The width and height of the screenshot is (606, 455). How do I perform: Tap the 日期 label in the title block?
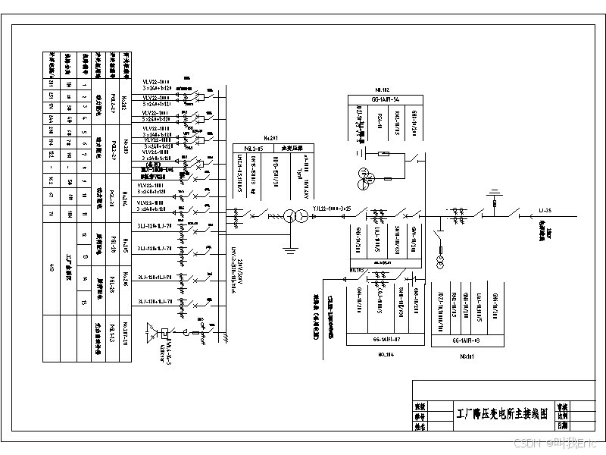pyautogui.click(x=561, y=425)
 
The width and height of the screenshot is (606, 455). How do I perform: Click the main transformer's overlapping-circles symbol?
pyautogui.click(x=289, y=216)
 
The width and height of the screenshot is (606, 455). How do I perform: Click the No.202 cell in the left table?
pyautogui.click(x=125, y=100)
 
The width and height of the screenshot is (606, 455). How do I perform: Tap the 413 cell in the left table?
pyautogui.click(x=52, y=265)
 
